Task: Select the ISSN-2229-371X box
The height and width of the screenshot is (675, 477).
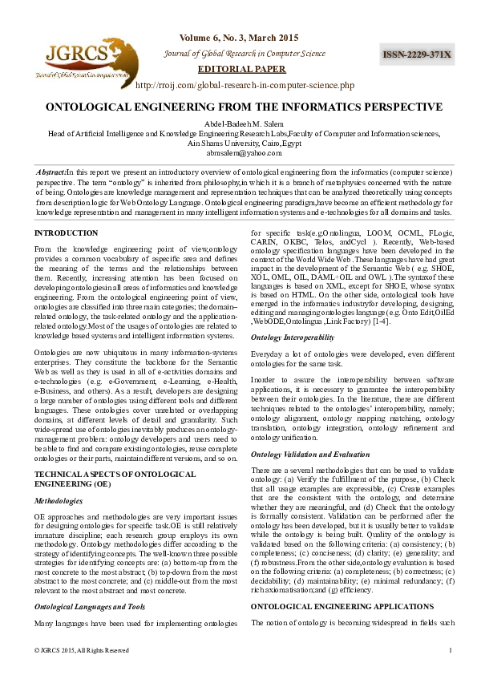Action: pos(416,55)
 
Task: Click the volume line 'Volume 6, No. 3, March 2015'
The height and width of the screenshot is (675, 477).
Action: pos(238,38)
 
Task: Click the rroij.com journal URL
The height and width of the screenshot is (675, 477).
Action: pos(245,84)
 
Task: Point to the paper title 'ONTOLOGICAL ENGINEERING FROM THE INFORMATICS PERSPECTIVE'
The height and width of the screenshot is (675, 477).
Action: pos(238,106)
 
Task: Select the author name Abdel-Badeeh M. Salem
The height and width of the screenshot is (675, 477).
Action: pos(238,123)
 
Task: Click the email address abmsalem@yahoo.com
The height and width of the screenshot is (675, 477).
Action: pos(238,152)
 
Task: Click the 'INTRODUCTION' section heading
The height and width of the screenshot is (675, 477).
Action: pos(66,233)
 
